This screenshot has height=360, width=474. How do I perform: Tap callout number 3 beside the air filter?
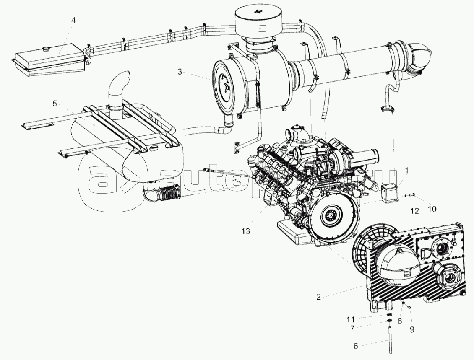click(x=179, y=73)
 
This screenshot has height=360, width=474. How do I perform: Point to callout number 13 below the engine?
click(x=246, y=231)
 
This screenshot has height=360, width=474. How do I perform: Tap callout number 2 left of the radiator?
click(x=319, y=297)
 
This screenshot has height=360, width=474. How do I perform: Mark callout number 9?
click(x=412, y=329)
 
